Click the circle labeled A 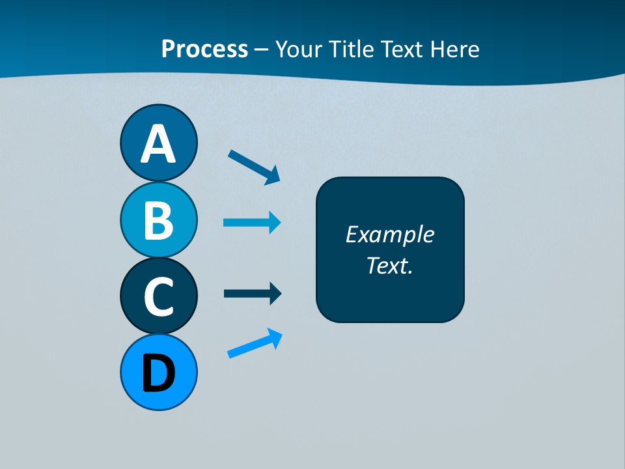158,143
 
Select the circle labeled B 158,220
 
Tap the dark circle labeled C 158,296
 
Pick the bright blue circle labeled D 158,373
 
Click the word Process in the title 204,49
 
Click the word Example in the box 389,234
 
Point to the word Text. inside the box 389,265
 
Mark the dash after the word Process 262,50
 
